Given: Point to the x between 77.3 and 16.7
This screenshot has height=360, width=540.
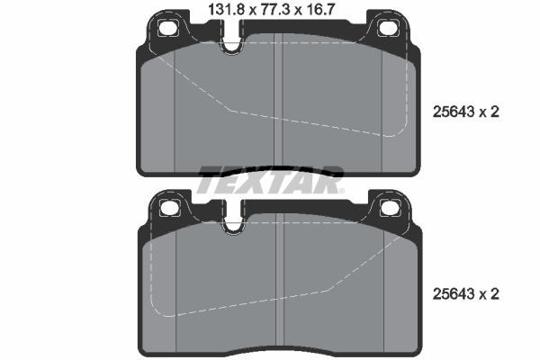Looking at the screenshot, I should tap(289, 11).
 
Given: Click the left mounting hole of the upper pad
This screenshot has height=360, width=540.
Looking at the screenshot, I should tap(167, 29).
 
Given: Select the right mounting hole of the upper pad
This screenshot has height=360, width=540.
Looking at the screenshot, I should tap(388, 29).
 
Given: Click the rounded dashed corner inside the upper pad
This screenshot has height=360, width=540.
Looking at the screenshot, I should tap(392, 133).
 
